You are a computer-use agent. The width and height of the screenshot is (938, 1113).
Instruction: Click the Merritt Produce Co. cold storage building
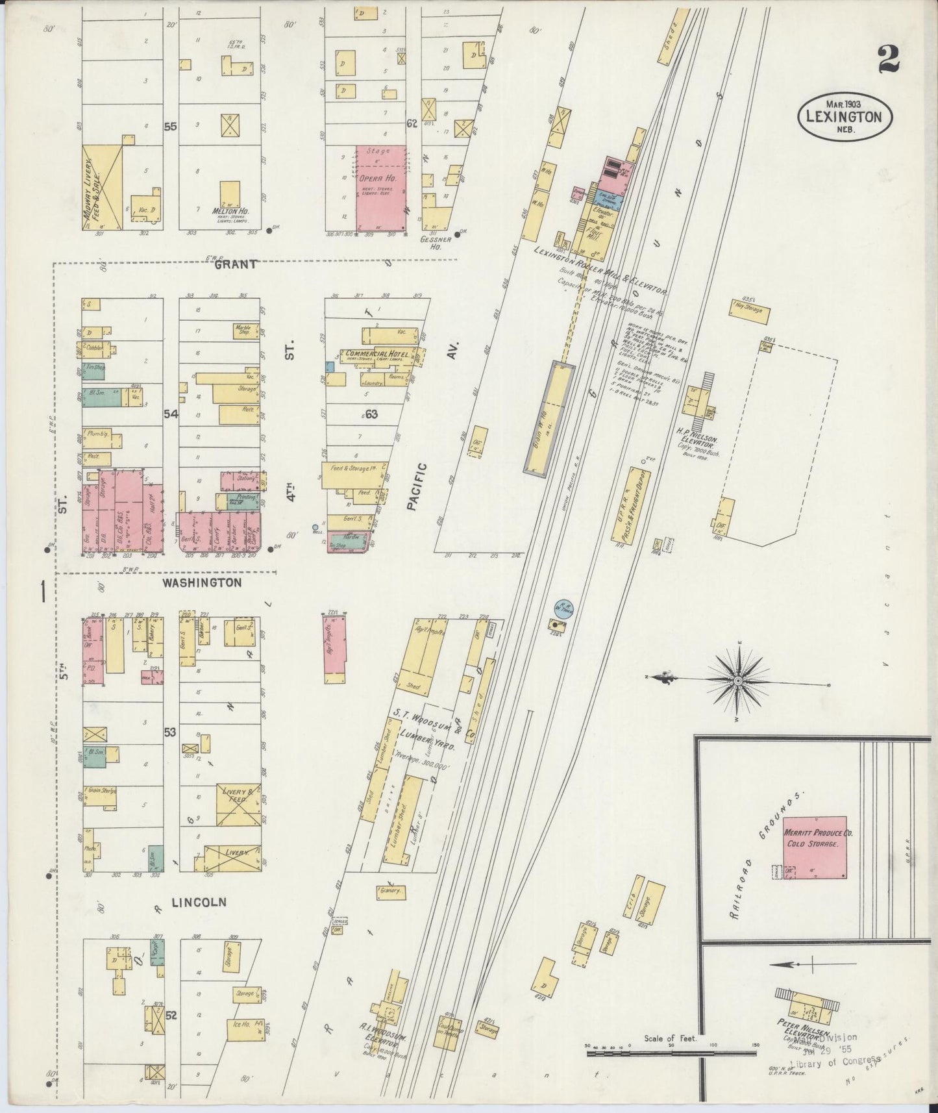coord(815,847)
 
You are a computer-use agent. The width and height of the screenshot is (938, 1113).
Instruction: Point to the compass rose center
coord(739,681)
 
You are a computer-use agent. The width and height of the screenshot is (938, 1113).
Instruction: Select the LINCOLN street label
coord(199,902)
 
